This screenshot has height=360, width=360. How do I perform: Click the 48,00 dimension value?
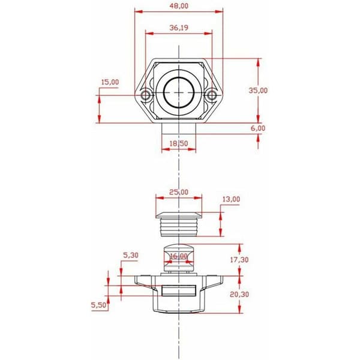pyautogui.click(x=179, y=6)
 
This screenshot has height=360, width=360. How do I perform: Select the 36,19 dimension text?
pyautogui.click(x=179, y=28)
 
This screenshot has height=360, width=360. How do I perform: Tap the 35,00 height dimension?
pyautogui.click(x=258, y=91)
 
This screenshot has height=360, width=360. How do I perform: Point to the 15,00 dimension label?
pyautogui.click(x=110, y=82)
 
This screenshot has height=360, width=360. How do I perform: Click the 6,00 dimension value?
pyautogui.click(x=258, y=128)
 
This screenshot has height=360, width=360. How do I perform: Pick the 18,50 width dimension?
pyautogui.click(x=179, y=143)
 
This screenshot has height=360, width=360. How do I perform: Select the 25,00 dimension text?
pyautogui.click(x=179, y=192)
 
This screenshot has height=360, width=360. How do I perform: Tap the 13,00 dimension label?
pyautogui.click(x=231, y=199)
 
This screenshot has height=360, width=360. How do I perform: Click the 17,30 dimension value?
pyautogui.click(x=239, y=260)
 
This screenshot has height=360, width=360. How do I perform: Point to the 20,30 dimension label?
pyautogui.click(x=239, y=294)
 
